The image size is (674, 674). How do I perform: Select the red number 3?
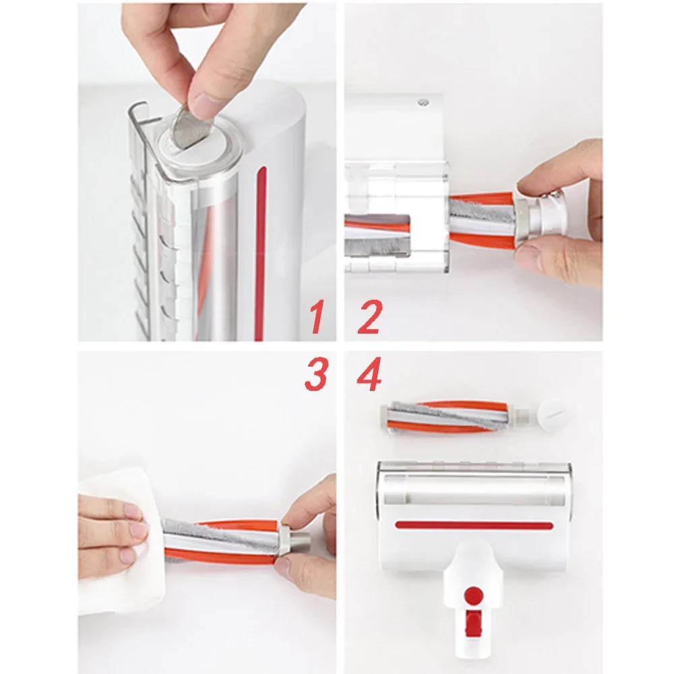coord(315,375)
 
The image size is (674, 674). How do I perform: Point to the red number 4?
coord(369,375)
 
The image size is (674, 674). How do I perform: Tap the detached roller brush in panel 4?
coord(452,417)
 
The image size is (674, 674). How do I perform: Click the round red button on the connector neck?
coord(474,594)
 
